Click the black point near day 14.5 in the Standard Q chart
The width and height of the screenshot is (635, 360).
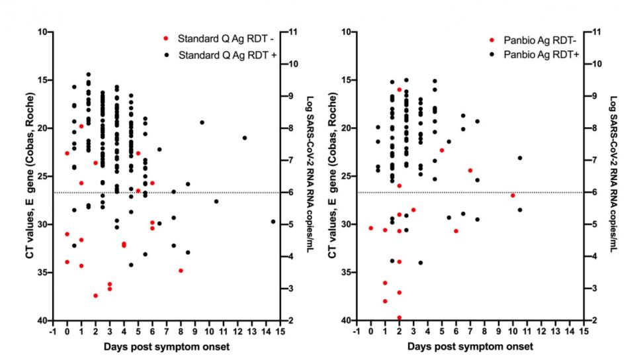point(273,222)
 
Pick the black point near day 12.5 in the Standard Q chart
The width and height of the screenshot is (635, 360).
point(245,138)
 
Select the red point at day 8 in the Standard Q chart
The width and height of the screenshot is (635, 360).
point(181,270)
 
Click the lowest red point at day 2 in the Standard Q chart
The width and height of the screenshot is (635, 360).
point(95,295)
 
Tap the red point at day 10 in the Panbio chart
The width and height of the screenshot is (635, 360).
point(513,195)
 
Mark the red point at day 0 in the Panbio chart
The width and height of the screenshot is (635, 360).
point(370,228)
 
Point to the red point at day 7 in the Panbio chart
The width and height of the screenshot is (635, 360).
point(470,170)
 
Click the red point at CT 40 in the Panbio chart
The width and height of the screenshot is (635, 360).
point(399,318)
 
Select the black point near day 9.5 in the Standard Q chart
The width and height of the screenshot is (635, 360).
point(202,122)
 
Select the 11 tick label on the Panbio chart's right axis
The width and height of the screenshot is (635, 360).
point(597,32)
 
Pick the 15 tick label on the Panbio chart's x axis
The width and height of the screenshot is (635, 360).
point(583,332)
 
